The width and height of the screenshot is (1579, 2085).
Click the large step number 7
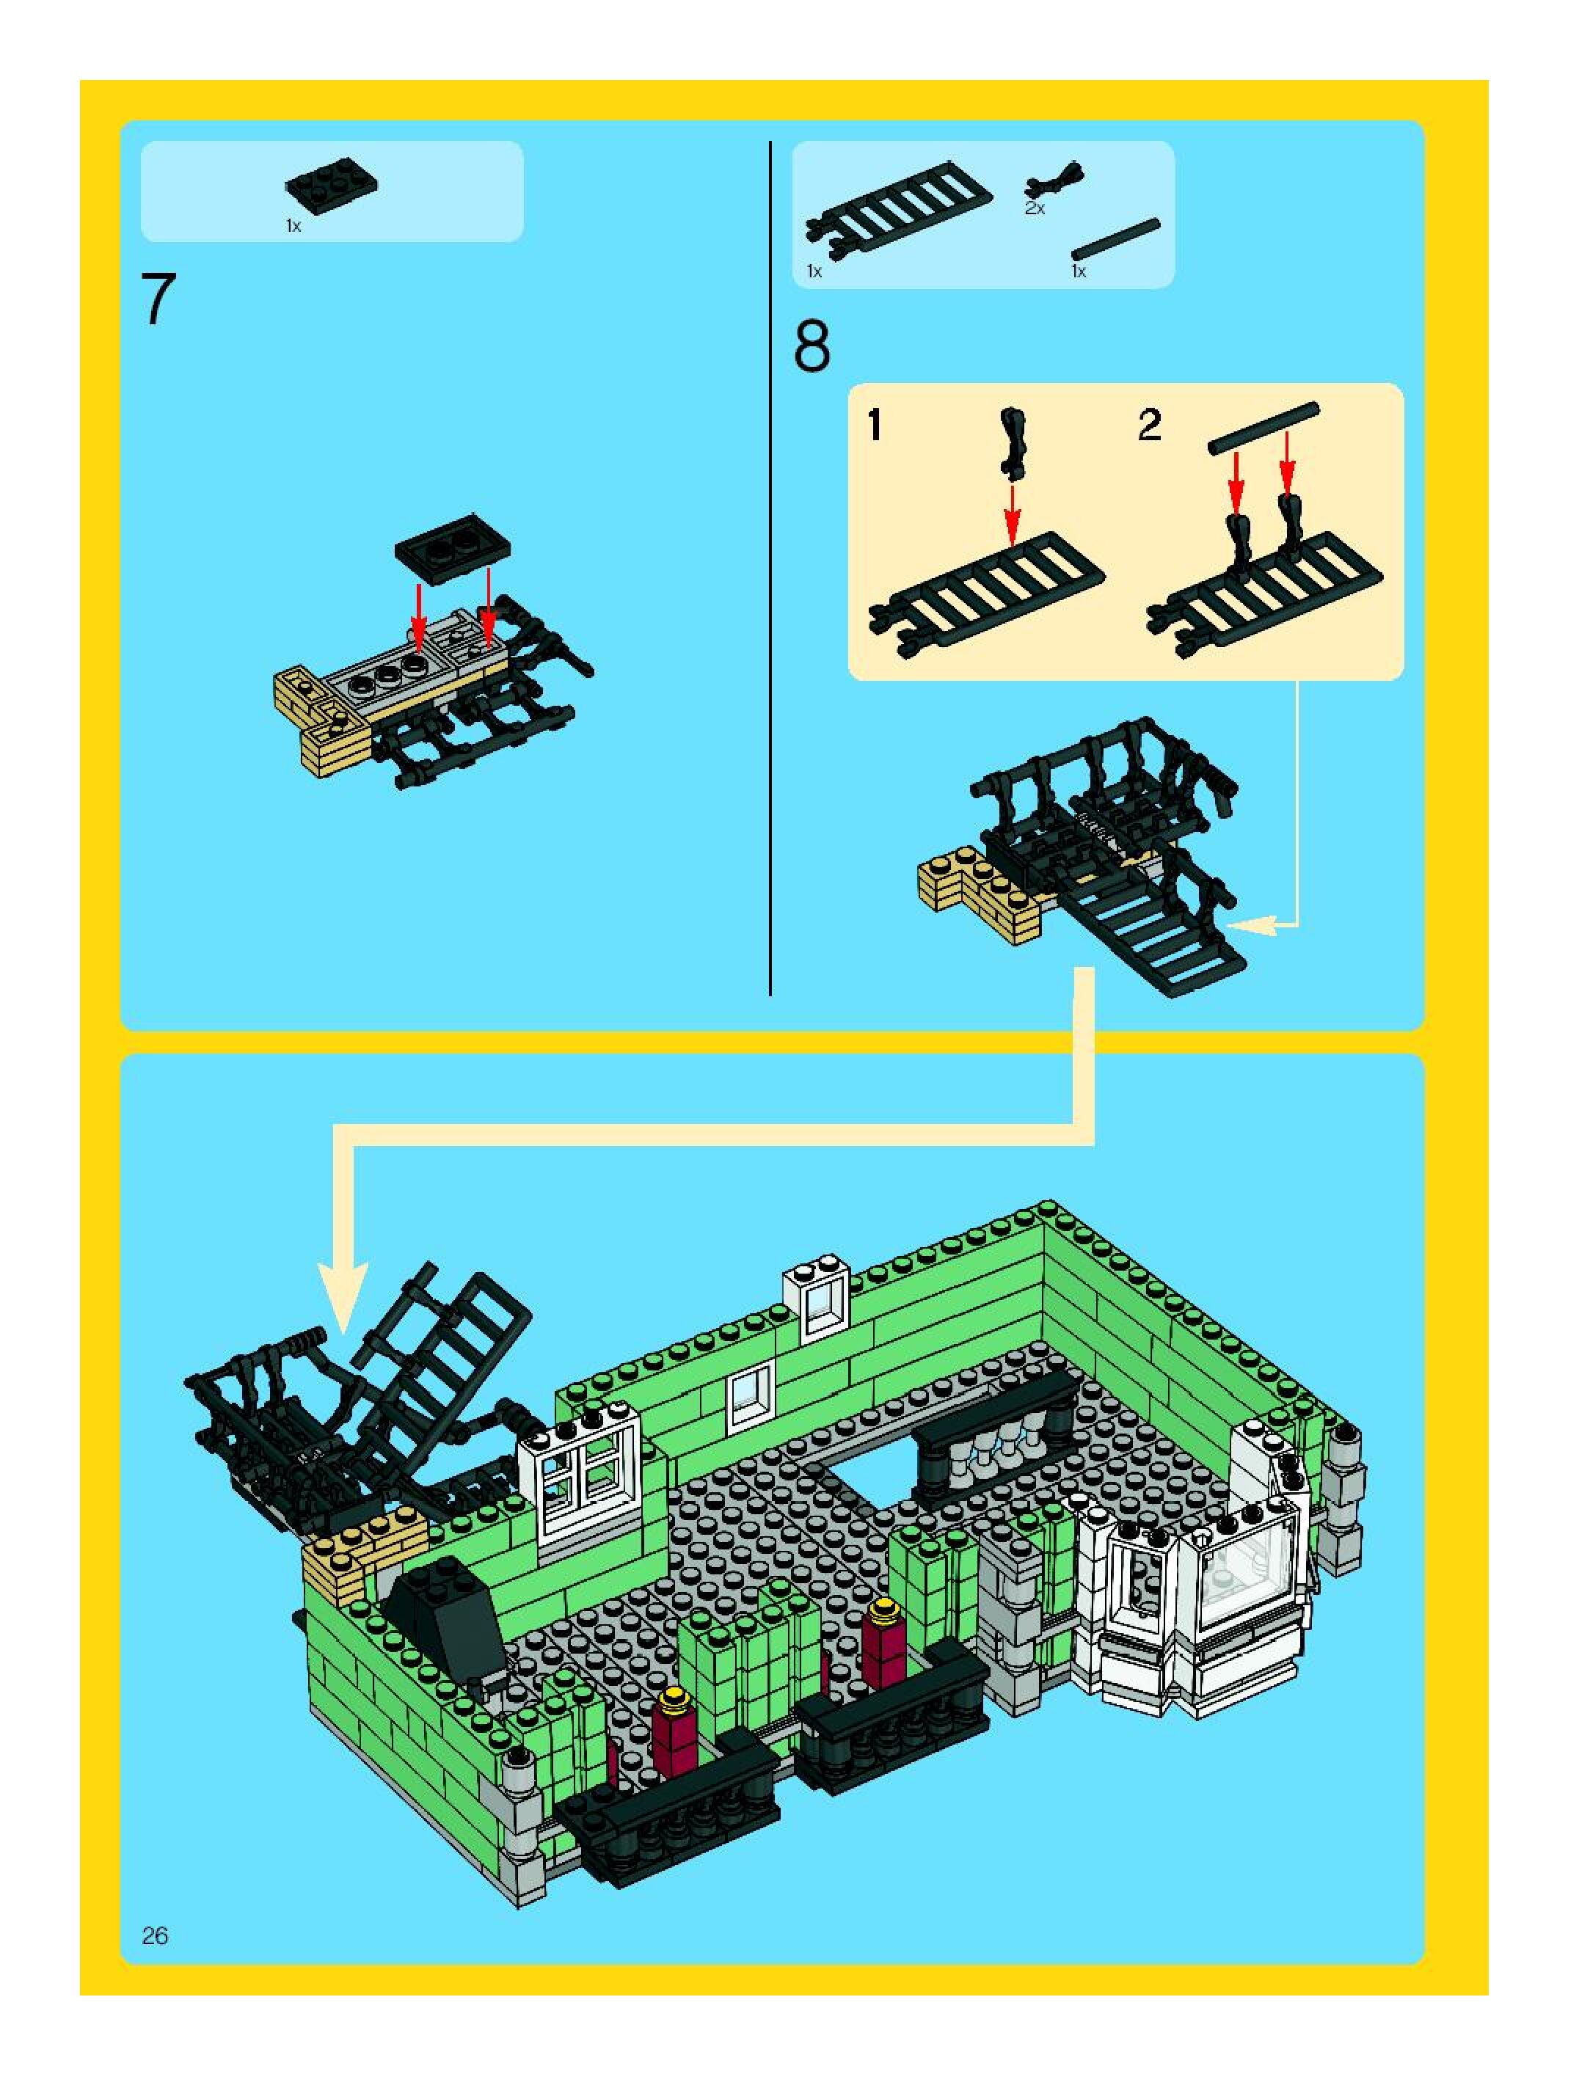(158, 300)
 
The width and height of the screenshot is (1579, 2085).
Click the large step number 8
(812, 347)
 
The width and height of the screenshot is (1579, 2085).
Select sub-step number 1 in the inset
(875, 426)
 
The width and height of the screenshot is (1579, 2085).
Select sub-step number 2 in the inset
(1148, 426)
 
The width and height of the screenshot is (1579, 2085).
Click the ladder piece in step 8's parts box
(898, 209)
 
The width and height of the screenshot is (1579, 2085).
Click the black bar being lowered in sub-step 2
(1263, 429)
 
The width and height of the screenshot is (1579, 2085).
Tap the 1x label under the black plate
(293, 226)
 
